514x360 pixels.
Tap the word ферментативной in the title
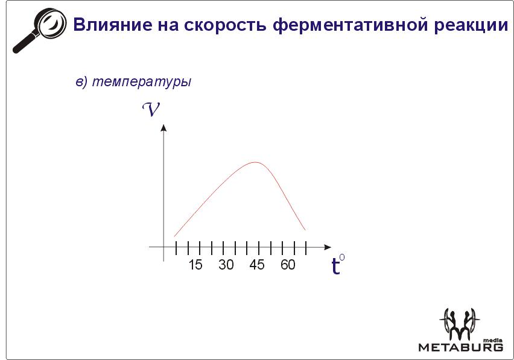(350, 25)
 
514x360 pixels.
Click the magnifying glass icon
(39, 30)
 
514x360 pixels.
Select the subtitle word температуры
(142, 81)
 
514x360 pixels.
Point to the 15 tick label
(195, 265)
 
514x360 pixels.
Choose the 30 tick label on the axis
(226, 265)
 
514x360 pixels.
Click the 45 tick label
(256, 265)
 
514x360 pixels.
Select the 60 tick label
(288, 265)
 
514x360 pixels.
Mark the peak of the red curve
(255, 162)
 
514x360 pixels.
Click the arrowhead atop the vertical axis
(163, 127)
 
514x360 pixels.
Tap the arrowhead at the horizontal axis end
(328, 247)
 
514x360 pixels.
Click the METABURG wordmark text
(460, 347)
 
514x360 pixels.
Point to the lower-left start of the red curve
(174, 236)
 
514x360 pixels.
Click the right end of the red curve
(305, 230)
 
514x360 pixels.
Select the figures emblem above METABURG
(460, 324)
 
